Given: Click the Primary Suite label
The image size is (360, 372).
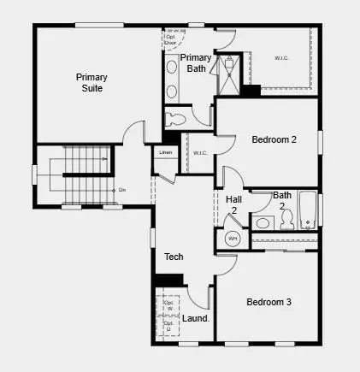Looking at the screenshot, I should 91,81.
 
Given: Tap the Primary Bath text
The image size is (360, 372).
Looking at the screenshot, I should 196,63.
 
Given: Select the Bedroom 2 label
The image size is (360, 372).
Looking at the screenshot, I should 274,139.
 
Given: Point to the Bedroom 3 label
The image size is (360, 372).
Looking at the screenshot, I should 269,302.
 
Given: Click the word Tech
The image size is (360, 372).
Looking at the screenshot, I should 174,257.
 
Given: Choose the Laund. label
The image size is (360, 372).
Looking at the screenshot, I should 196,318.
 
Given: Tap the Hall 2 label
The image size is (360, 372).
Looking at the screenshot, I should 233,204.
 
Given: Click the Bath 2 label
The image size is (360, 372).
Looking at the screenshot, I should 282,200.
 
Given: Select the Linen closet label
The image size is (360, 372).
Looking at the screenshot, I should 166,153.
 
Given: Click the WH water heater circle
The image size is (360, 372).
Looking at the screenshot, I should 232,239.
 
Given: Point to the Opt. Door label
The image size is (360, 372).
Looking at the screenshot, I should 171,38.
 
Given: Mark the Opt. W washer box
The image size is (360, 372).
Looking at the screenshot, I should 168,305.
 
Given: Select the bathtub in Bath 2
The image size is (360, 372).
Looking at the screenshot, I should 307,211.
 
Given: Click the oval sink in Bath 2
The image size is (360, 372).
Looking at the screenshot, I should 263,224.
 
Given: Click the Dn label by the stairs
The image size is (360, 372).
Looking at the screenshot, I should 121,189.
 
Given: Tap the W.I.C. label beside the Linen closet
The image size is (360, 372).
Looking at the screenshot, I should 200,153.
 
